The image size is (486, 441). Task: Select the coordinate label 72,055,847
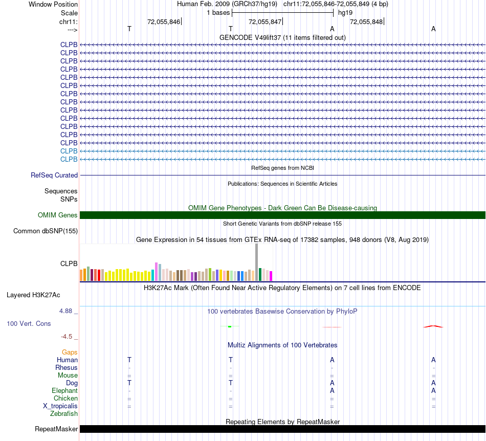[x=264, y=21]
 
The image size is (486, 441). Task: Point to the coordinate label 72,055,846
[x=163, y=21]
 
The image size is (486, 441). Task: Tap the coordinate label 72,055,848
[x=366, y=21]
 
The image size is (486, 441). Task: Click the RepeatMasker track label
[x=56, y=429]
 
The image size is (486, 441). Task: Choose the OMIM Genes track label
[x=58, y=215]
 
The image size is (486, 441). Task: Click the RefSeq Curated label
[x=54, y=175]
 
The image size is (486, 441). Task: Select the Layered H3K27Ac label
[x=33, y=295]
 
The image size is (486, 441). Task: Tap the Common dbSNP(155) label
[x=46, y=231]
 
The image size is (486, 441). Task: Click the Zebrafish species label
[x=64, y=414]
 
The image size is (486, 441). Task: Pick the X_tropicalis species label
[x=60, y=406]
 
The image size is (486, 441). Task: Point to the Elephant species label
[x=64, y=391]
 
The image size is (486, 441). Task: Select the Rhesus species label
[x=67, y=368]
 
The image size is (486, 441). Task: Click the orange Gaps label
[x=70, y=352]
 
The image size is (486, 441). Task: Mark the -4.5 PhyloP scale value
[x=68, y=337]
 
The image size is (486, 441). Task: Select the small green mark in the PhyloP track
[x=230, y=326]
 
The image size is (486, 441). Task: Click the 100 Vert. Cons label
[x=29, y=324]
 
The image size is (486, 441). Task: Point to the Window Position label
[x=53, y=4]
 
